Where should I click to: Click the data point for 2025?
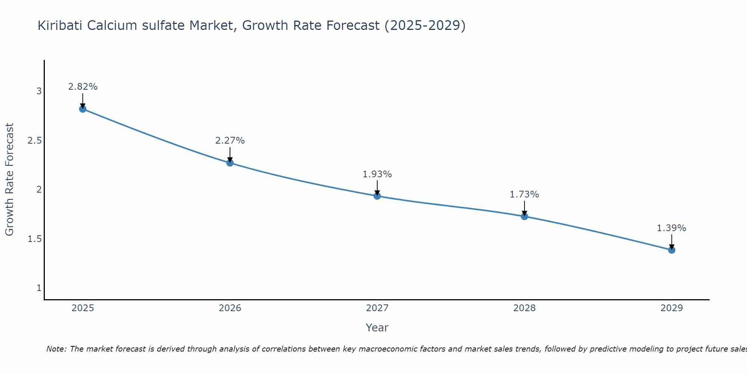pos(83,109)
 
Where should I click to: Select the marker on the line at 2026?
pos(230,163)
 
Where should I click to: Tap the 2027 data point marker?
pos(377,196)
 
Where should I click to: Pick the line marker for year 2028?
pos(524,216)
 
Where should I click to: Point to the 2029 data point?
pos(671,250)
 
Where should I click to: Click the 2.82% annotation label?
pos(83,87)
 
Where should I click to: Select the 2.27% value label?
pos(230,141)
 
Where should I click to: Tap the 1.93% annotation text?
pos(377,174)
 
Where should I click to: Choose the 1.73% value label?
pos(524,194)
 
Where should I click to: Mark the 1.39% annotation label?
pos(671,228)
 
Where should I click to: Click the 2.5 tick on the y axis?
pos(34,141)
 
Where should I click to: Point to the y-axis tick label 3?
pos(39,91)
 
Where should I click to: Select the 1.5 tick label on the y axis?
pos(34,239)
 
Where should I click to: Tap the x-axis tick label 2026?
pos(230,308)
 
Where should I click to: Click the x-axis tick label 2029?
pos(671,308)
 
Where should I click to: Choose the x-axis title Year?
pos(377,328)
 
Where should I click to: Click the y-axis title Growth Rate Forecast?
pos(9,180)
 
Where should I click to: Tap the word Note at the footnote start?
pos(56,349)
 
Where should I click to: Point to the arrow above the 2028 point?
pos(524,208)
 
